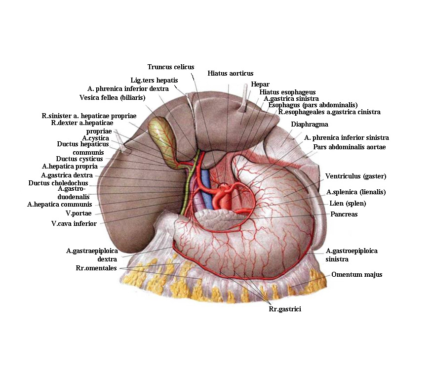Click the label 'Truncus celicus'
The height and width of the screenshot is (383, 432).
pos(171,67)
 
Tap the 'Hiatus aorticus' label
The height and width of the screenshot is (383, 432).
pos(231,73)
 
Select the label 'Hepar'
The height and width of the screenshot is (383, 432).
pos(260,84)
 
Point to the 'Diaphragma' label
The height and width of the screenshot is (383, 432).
pos(310,125)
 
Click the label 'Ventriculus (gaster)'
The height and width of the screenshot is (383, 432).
pos(355,176)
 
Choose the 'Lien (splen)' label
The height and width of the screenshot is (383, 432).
pos(348,204)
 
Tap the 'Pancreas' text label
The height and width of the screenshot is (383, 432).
pos(344,214)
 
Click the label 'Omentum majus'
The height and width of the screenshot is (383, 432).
pos(357,275)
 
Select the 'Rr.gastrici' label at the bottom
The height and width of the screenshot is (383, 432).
pos(285,309)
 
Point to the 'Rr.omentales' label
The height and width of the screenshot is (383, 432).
pos(96,268)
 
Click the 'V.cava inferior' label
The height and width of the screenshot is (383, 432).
pos(74,224)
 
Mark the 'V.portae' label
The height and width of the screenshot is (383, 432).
pos(79,213)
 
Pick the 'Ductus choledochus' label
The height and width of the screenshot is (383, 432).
pos(58,183)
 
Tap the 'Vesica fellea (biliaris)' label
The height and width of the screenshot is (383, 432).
pos(112,98)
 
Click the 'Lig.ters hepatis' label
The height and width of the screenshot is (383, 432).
pos(154,80)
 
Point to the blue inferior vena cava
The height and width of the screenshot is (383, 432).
pos(206,190)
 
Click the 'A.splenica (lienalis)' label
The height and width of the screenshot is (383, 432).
pos(355,192)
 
